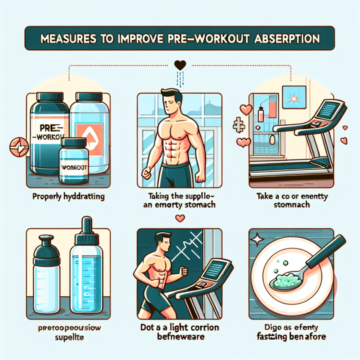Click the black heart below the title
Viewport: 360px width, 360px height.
coord(180,65)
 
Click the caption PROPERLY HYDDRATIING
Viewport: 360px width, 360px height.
coord(67,196)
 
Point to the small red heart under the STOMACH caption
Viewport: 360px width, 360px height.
coord(180,218)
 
